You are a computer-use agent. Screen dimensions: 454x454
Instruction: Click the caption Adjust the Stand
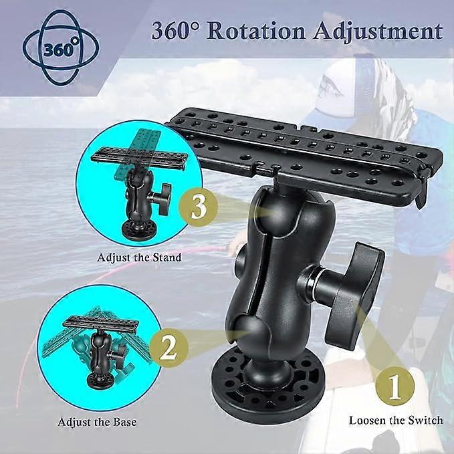click(x=139, y=257)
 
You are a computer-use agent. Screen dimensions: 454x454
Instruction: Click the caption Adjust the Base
click(x=97, y=422)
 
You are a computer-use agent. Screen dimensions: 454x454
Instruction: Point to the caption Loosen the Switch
click(x=396, y=421)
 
